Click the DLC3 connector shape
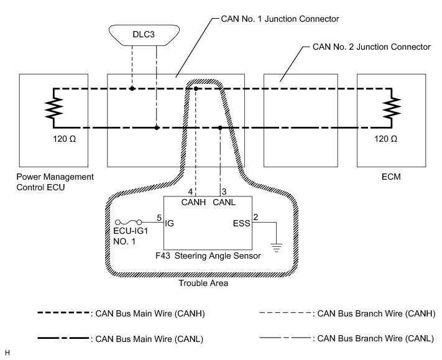click(x=144, y=34)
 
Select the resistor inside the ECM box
click(x=391, y=109)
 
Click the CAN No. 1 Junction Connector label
click(x=279, y=19)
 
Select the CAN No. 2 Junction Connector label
click(x=371, y=47)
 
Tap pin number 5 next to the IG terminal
click(x=159, y=218)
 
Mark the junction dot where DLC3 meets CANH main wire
click(x=132, y=89)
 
